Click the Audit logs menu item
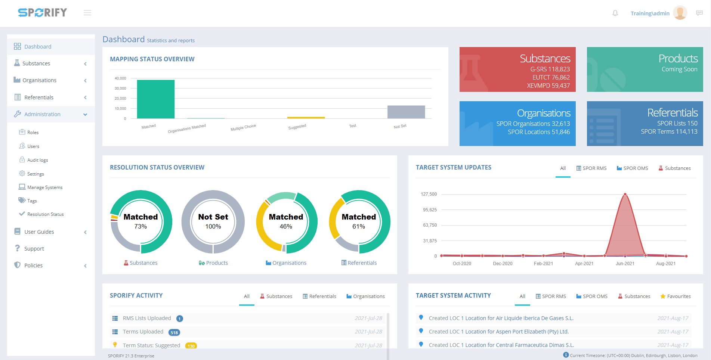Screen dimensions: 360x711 37,160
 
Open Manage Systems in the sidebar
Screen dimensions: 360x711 44,187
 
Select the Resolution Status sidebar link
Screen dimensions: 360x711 45,214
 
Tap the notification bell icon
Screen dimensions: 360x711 615,13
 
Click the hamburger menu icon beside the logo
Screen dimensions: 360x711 87,13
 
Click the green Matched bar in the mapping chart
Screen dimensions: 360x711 155,99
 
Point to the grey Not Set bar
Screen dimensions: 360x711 406,112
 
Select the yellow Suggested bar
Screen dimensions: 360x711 306,118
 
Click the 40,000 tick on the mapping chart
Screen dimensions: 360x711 120,78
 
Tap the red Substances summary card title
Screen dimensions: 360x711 545,59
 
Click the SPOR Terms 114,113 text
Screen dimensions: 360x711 669,132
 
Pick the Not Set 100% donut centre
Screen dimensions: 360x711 213,221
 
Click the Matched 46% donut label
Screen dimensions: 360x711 286,221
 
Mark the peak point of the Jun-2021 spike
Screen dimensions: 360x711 625,194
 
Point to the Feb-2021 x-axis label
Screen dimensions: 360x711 543,264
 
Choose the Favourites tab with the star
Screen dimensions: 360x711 676,297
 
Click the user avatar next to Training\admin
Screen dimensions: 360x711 680,13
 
